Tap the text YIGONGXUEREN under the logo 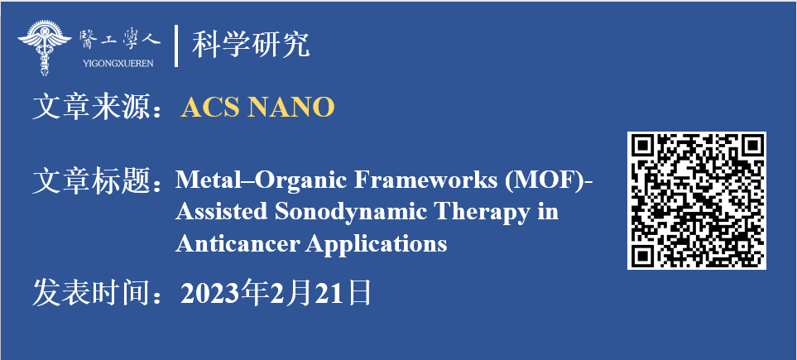(118, 64)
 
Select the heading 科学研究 (251, 45)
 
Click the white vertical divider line (175, 46)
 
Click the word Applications (376, 245)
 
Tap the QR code (696, 200)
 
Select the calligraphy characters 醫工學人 (119, 41)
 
